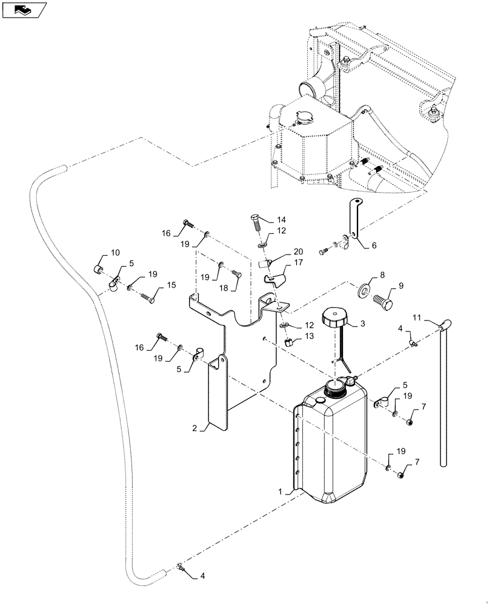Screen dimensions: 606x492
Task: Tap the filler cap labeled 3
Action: [334, 317]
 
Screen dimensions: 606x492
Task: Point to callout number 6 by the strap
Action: [374, 245]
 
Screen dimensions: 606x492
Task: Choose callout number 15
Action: [171, 284]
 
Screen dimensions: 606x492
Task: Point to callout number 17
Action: [299, 262]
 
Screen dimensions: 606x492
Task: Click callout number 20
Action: [298, 251]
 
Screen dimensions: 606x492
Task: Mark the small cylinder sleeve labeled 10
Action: [98, 268]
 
